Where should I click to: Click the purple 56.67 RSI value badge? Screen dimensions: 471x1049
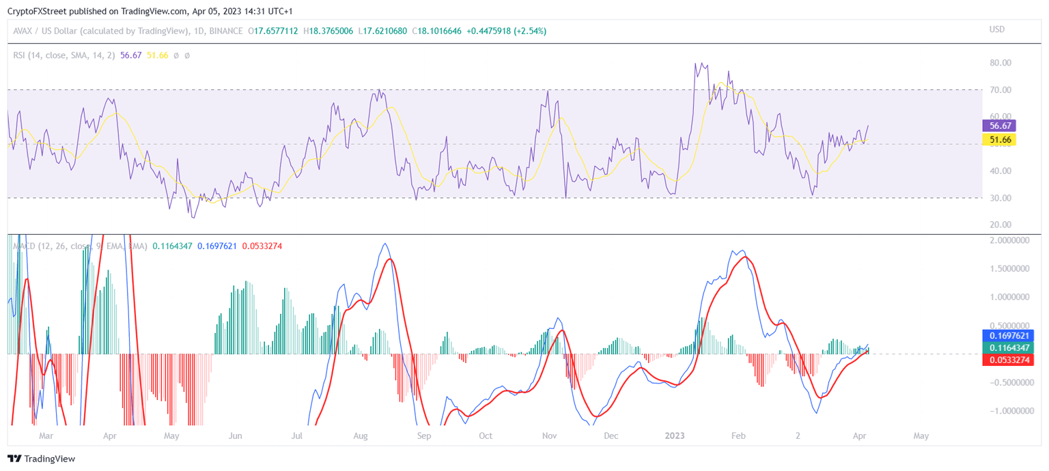click(x=998, y=126)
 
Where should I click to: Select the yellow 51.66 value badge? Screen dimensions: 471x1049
click(x=998, y=139)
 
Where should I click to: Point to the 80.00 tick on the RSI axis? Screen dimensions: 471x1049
click(x=999, y=63)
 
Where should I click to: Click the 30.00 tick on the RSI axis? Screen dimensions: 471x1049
click(x=999, y=198)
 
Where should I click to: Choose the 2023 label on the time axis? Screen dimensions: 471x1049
click(x=676, y=435)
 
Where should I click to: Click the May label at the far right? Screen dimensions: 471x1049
click(x=921, y=435)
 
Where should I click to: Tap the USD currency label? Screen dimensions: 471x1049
click(x=997, y=29)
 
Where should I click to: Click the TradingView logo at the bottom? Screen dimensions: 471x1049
click(x=41, y=459)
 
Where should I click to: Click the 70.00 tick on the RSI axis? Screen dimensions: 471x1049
click(x=999, y=90)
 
